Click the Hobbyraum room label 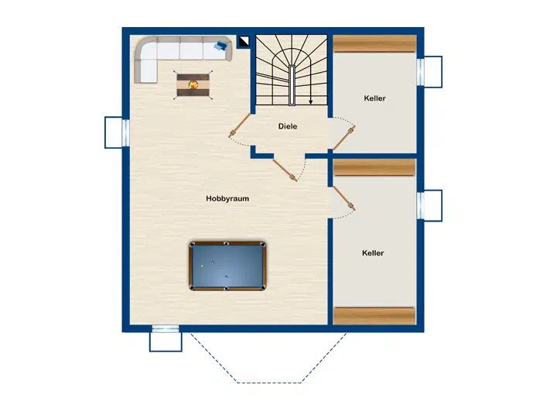click(x=227, y=198)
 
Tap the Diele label click(x=288, y=126)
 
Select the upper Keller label click(x=374, y=98)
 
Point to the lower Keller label click(x=373, y=253)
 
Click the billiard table click(x=227, y=266)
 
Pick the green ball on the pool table click(x=203, y=265)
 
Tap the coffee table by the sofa click(x=193, y=85)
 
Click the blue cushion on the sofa click(x=221, y=46)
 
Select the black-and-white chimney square click(x=244, y=41)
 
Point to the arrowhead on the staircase click(x=310, y=102)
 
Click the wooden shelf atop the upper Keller click(x=374, y=43)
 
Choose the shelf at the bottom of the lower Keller click(x=374, y=316)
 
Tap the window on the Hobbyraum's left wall click(x=126, y=132)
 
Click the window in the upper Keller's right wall click(x=420, y=72)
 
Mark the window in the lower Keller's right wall click(x=420, y=205)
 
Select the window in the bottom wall click(x=166, y=328)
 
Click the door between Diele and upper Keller click(x=343, y=138)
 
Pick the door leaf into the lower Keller click(x=343, y=198)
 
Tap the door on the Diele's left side click(x=240, y=125)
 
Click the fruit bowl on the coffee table click(x=193, y=84)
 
